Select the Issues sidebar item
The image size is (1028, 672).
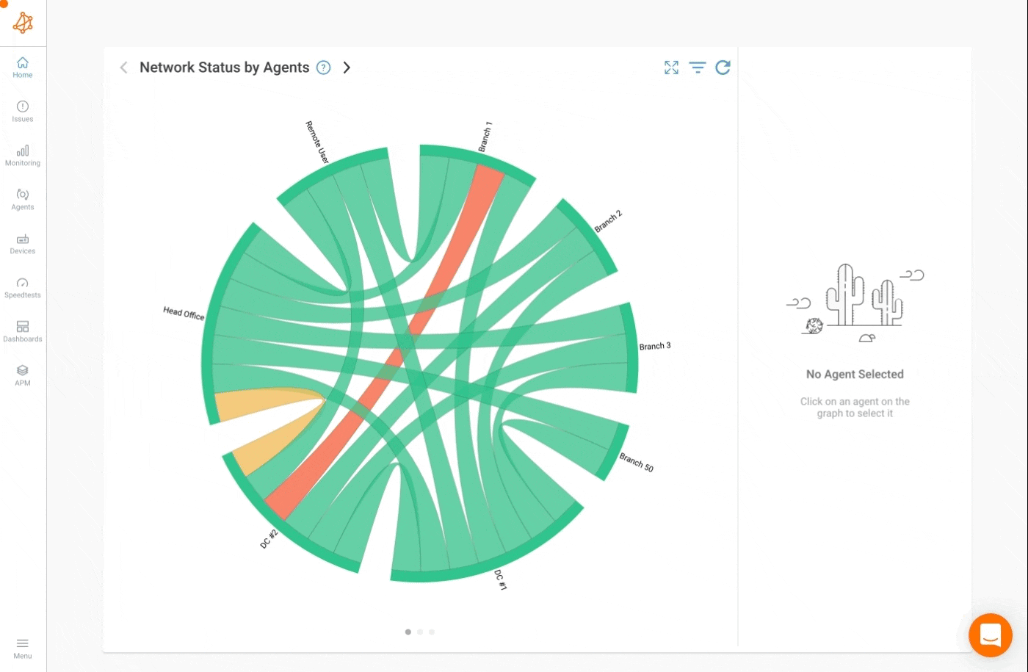pos(23,111)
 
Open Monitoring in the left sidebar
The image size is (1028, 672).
pos(23,155)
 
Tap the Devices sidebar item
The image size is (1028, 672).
pos(23,243)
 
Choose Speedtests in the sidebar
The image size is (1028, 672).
pos(23,287)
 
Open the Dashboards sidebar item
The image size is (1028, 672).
pos(23,331)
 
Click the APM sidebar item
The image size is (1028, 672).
pos(23,375)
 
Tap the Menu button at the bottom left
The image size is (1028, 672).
pos(23,648)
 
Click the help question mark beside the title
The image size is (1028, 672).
pos(323,68)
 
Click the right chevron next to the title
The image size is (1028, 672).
pos(347,68)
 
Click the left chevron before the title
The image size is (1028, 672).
pos(123,68)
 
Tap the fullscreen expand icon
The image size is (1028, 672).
pos(671,68)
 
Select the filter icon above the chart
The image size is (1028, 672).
pos(698,68)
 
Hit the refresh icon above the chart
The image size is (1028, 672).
pos(723,68)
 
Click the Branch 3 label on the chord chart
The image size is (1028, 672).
pos(654,346)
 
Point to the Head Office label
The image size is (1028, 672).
pos(184,314)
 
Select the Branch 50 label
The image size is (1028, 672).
pos(636,462)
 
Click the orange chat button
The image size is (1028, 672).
pos(990,635)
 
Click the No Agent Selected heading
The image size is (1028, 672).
pos(855,375)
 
